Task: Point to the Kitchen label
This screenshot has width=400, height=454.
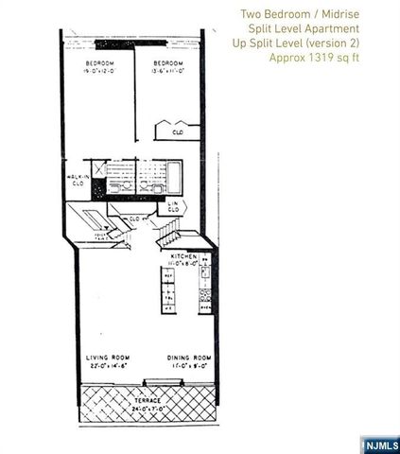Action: (183, 256)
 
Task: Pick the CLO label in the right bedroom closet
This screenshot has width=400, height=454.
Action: (177, 133)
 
